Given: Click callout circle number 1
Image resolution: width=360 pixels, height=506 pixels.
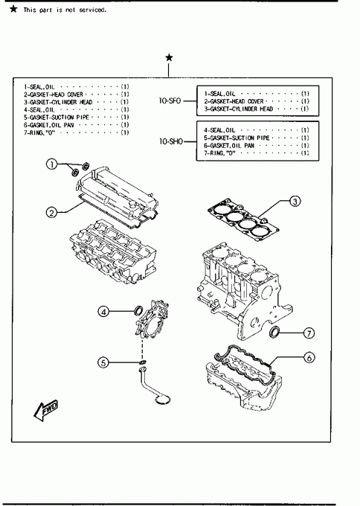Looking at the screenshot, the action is tap(51, 164).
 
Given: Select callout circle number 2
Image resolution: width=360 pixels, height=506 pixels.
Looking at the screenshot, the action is tap(51, 213).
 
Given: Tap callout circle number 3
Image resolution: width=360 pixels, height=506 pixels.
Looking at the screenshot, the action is tap(295, 202).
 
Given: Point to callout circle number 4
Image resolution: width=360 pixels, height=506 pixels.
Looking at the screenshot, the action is tap(103, 312).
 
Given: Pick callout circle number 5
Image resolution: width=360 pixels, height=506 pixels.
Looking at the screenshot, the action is tap(103, 362).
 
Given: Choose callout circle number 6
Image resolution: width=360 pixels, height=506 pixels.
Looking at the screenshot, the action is tap(309, 358).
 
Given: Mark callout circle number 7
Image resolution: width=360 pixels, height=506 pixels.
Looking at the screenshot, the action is tap(309, 333).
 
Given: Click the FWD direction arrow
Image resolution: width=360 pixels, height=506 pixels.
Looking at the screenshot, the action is tap(46, 411).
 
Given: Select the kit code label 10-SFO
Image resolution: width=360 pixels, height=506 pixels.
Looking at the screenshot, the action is tap(170, 101).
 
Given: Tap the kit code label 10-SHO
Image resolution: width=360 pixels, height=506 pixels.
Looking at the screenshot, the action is tap(171, 141).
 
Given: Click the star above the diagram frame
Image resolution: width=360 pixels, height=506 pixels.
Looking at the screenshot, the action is tap(169, 58).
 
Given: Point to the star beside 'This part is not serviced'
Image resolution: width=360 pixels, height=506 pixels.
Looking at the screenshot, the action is tap(13, 9).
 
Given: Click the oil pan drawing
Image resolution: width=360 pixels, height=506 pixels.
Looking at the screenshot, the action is tap(244, 378).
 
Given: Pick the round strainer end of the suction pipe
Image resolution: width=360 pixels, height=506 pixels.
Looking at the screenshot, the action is tap(163, 400).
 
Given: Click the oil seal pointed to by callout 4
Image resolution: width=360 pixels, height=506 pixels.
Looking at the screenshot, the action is tap(138, 311).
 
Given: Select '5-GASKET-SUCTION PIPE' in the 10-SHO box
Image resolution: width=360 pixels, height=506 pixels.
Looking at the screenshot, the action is tap(237, 138).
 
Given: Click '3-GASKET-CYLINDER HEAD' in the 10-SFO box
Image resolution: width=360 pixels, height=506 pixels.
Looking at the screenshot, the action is tap(238, 109).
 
